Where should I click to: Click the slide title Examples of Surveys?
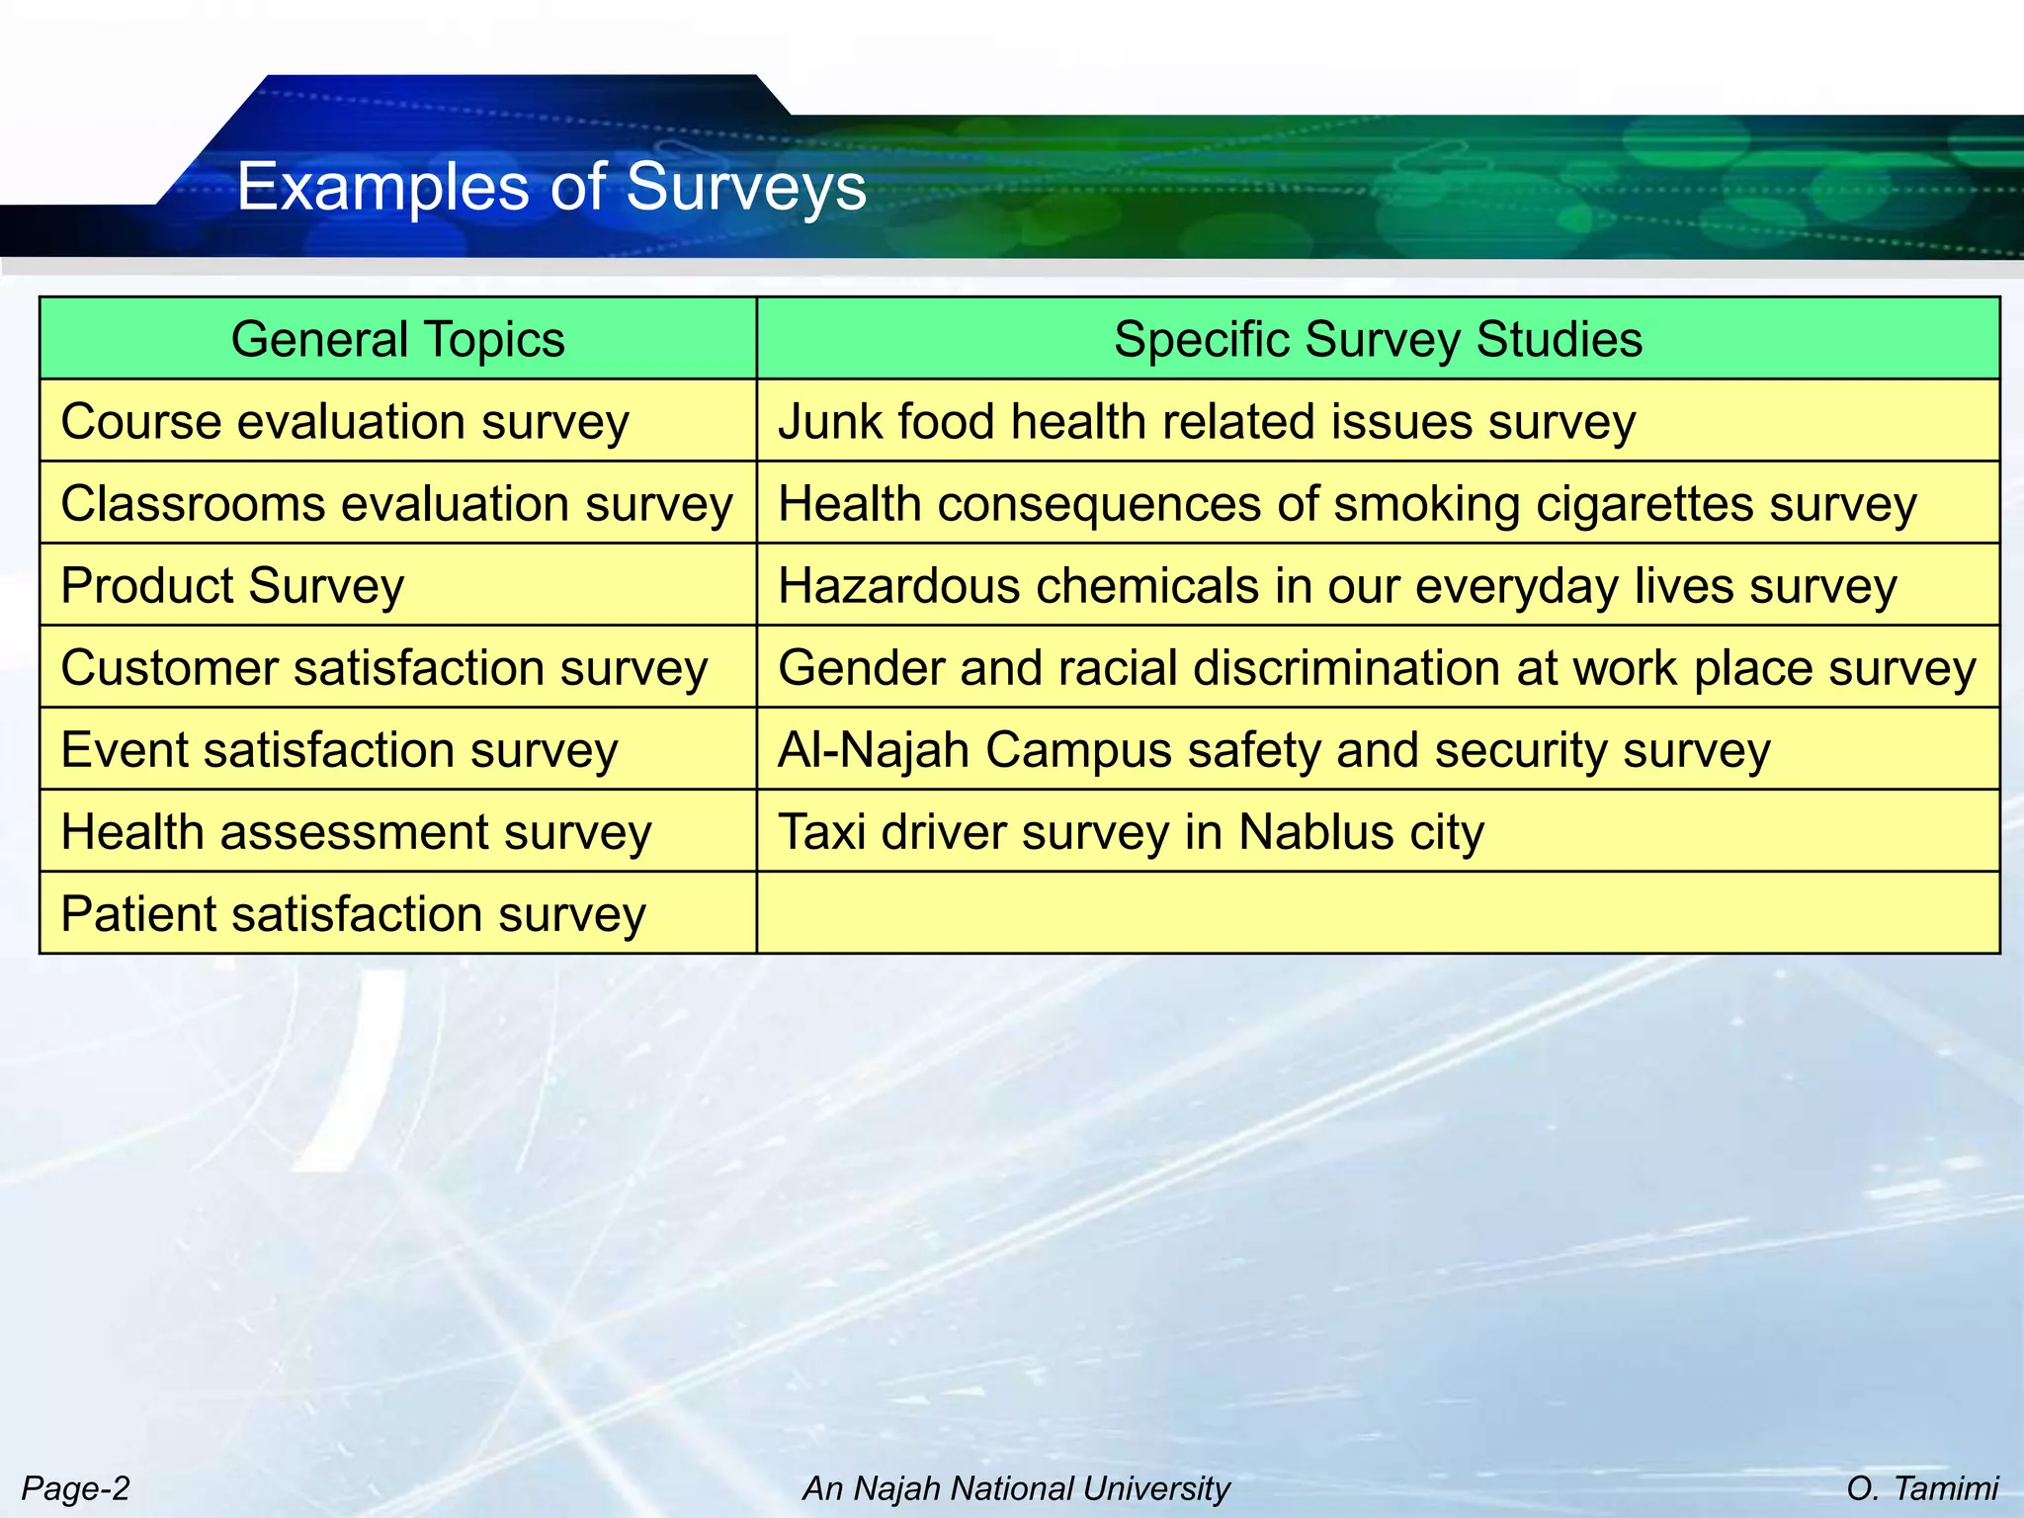coord(551,186)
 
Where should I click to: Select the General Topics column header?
coord(398,339)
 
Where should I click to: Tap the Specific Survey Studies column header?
coord(1378,339)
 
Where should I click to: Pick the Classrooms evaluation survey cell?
coord(397,503)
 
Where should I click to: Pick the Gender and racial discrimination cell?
coord(1377,667)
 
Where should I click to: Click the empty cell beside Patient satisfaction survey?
coord(1378,913)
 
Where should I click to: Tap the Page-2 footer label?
coord(76,1487)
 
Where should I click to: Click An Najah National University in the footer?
coord(1016,1487)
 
